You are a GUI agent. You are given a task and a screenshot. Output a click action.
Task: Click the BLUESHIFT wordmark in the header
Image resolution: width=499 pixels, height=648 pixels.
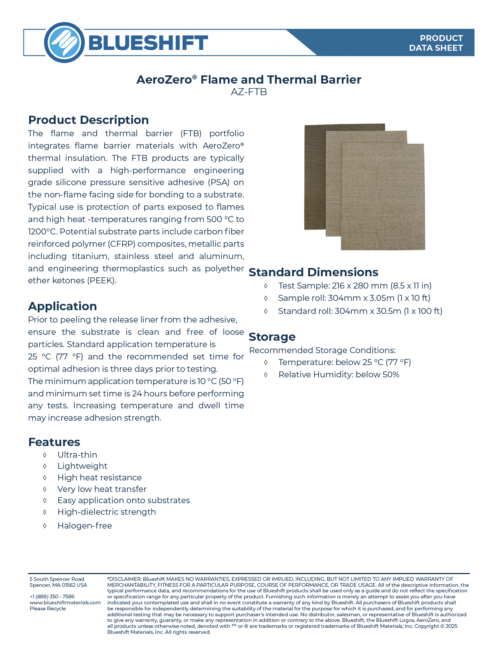pyautogui.click(x=148, y=43)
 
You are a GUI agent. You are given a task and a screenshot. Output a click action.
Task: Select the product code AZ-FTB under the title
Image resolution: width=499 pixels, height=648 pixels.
pyautogui.click(x=249, y=92)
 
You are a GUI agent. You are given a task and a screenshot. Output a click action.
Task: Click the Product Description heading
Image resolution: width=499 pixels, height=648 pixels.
pyautogui.click(x=89, y=120)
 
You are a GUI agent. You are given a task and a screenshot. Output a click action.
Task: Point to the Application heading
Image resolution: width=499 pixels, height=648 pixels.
pyautogui.click(x=62, y=306)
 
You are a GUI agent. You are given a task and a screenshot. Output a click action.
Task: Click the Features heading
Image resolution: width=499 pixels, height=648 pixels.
pyautogui.click(x=54, y=442)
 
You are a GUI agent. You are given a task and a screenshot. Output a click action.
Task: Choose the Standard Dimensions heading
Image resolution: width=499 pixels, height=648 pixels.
pyautogui.click(x=313, y=272)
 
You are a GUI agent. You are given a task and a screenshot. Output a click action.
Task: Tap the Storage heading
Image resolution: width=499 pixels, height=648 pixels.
pyautogui.click(x=272, y=337)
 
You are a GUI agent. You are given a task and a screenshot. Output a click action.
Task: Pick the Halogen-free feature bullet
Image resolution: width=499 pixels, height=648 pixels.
pyautogui.click(x=84, y=526)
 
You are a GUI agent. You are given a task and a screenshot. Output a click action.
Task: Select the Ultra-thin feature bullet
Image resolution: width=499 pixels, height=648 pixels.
pyautogui.click(x=77, y=455)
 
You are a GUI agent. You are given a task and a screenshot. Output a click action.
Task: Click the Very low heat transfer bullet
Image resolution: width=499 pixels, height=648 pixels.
pyautogui.click(x=102, y=489)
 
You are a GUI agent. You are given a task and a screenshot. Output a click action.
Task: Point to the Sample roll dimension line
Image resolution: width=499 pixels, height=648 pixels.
pyautogui.click(x=354, y=298)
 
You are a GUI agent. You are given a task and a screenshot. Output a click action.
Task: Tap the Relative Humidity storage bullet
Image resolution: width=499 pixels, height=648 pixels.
pyautogui.click(x=339, y=374)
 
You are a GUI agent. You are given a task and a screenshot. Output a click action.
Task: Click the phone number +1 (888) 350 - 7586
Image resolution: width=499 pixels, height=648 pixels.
pyautogui.click(x=52, y=596)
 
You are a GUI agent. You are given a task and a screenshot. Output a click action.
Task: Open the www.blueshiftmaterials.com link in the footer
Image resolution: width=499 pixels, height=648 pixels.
pyautogui.click(x=65, y=602)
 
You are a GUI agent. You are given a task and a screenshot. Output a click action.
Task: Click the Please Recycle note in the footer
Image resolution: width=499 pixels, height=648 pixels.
pyautogui.click(x=47, y=608)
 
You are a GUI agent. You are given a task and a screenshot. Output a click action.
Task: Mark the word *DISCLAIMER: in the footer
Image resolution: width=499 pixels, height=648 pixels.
pyautogui.click(x=124, y=579)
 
